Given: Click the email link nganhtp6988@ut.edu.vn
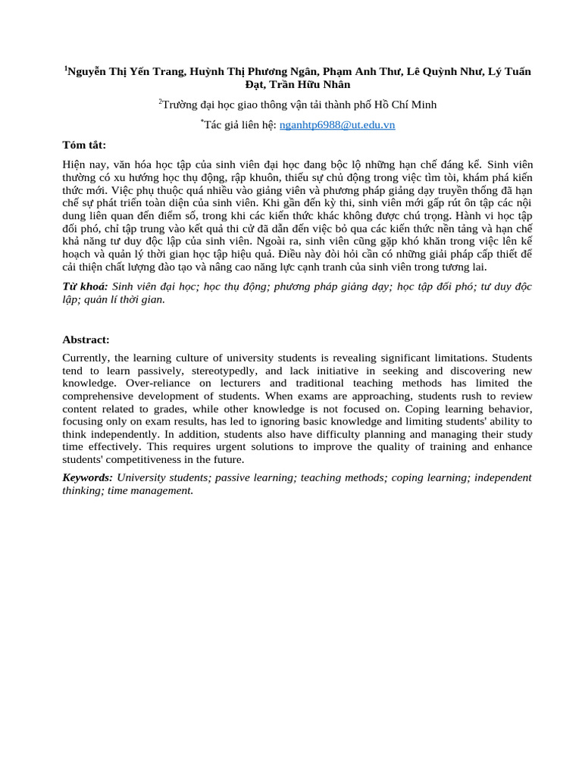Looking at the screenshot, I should coord(337,125).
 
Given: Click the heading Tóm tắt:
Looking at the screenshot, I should coord(84,145).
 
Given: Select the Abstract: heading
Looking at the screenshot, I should coord(86,340).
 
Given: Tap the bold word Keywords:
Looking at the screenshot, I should coord(87,477).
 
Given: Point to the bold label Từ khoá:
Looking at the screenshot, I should coord(85,286).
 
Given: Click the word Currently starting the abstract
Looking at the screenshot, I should coord(86,358).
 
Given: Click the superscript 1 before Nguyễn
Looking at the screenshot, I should coord(65,68).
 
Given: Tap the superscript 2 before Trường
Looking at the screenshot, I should coord(160,102).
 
